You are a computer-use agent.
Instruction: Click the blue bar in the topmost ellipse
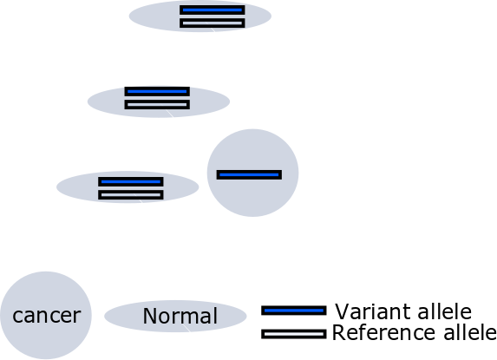tap(212, 10)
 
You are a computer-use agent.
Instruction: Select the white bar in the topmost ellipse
tap(212, 23)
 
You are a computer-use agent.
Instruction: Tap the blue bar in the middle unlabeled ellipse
tap(157, 92)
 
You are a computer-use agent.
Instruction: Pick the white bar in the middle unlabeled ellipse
tap(157, 105)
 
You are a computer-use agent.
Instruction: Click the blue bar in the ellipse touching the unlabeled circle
tap(131, 181)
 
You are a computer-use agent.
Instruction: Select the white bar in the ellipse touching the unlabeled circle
tap(131, 195)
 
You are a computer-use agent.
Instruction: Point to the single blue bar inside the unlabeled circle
tap(249, 174)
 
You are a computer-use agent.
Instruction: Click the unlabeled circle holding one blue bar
tap(252, 196)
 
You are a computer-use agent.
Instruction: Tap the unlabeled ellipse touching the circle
tap(76, 187)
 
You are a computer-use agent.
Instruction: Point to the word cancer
tap(47, 315)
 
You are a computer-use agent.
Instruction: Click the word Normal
tap(180, 316)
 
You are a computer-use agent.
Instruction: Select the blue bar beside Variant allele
tap(294, 311)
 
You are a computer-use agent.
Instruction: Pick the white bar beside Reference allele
tap(294, 334)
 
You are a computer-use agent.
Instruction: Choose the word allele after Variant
tap(445, 311)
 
